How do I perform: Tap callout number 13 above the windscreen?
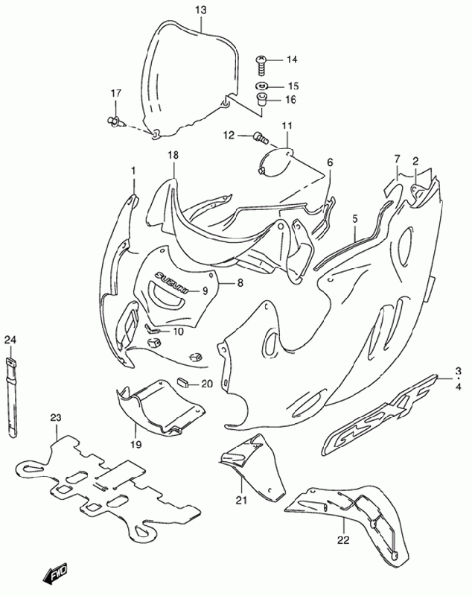tap(201, 10)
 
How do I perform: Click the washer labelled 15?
tap(261, 86)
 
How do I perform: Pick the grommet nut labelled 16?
tap(261, 99)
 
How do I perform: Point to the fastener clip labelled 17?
tap(114, 121)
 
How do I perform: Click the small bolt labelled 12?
tap(260, 137)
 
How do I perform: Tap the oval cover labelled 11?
tap(275, 161)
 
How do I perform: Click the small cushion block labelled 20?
tap(184, 383)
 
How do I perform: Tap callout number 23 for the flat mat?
tap(56, 418)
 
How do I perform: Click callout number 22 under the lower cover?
tap(343, 539)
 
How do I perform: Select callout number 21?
tap(241, 501)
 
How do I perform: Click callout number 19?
tap(136, 444)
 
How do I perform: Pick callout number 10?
tap(178, 332)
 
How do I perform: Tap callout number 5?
tap(355, 218)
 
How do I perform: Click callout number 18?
tap(173, 156)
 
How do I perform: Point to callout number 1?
tap(133, 171)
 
